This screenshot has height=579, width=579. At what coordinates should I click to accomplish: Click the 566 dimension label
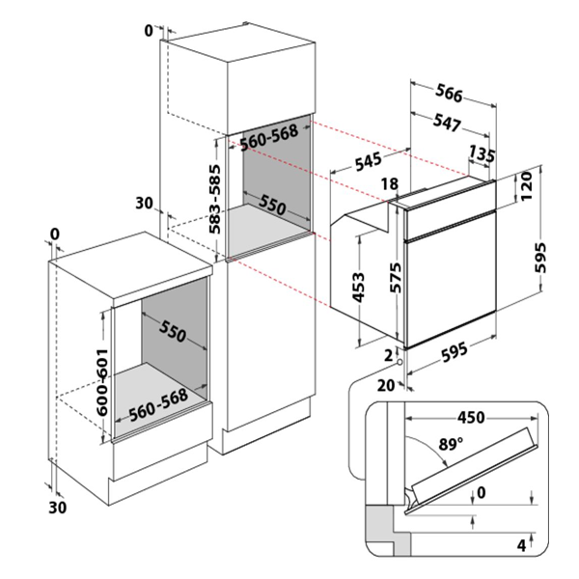(449, 95)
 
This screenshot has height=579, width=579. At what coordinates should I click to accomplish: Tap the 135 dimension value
(482, 153)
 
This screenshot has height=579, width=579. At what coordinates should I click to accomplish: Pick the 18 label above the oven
(389, 184)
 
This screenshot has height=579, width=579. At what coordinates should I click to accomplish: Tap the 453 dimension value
(357, 287)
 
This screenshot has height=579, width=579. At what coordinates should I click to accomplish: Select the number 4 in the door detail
(520, 546)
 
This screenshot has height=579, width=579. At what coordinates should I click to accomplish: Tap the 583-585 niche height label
(217, 199)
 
